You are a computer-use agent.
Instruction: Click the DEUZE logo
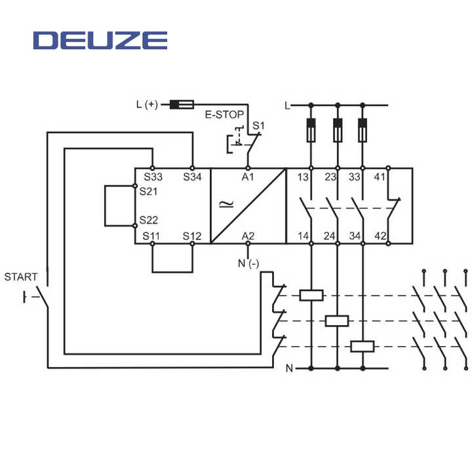tap(100, 40)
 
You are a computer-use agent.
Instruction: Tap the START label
tap(21, 277)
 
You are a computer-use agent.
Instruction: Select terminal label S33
tap(153, 177)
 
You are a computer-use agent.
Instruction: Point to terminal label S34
tap(193, 177)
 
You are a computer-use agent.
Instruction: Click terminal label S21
tap(149, 191)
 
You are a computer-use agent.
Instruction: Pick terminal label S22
tap(149, 221)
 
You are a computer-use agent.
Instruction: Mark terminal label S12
tap(193, 235)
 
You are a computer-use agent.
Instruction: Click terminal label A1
tap(248, 177)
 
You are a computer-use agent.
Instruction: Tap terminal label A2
tap(248, 235)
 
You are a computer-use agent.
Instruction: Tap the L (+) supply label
tap(147, 104)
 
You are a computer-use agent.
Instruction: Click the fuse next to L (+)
tap(182, 104)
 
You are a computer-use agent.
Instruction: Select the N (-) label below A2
tap(246, 264)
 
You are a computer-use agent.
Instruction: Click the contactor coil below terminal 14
tap(311, 295)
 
